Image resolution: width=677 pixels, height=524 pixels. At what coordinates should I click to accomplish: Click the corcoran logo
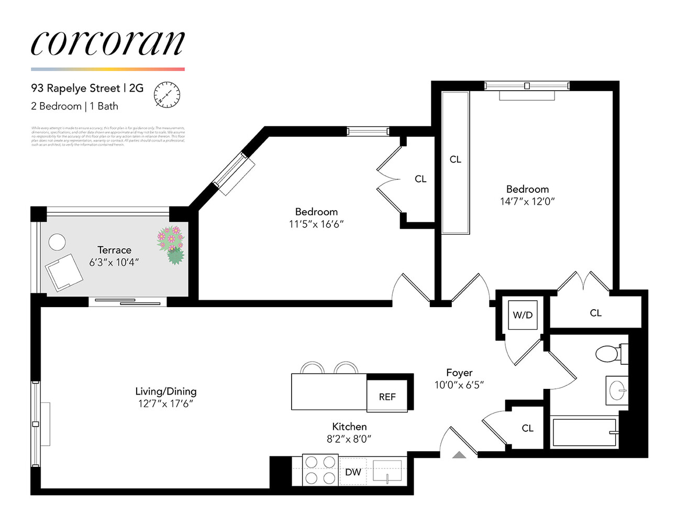coord(107,43)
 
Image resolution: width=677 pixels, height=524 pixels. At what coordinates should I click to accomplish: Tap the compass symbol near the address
coord(167,95)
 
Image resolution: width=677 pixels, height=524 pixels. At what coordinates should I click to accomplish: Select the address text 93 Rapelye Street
coord(75,88)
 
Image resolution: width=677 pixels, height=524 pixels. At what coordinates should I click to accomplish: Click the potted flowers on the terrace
coord(171,244)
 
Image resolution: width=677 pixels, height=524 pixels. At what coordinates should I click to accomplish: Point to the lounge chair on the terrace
coord(63,272)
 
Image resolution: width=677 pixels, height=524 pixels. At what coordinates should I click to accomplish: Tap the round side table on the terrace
coord(57,242)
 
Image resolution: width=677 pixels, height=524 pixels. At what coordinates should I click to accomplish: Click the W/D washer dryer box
coord(523,315)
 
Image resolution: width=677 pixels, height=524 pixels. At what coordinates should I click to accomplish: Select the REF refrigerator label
coord(387,397)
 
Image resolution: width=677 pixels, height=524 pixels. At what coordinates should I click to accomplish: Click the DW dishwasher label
coord(353,472)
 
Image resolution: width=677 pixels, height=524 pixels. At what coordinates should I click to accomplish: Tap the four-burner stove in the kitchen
coord(320,470)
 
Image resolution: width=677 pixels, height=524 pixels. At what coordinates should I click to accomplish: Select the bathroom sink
coord(617,390)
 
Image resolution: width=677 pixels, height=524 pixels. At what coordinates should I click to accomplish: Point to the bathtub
coord(584,432)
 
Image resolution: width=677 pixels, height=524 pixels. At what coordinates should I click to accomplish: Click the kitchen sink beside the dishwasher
coord(387,470)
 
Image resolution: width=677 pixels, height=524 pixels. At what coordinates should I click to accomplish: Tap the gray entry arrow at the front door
coord(459,454)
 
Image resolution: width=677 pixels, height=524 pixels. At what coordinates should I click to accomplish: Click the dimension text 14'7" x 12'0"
coord(527,201)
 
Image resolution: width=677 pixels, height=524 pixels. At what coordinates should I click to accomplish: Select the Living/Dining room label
coord(165,391)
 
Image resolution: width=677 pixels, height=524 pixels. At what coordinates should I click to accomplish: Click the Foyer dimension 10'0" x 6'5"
coord(459,385)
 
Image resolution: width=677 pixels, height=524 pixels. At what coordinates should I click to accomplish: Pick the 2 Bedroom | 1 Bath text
coord(74,106)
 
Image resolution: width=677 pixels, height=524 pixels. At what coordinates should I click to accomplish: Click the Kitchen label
coord(349,427)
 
